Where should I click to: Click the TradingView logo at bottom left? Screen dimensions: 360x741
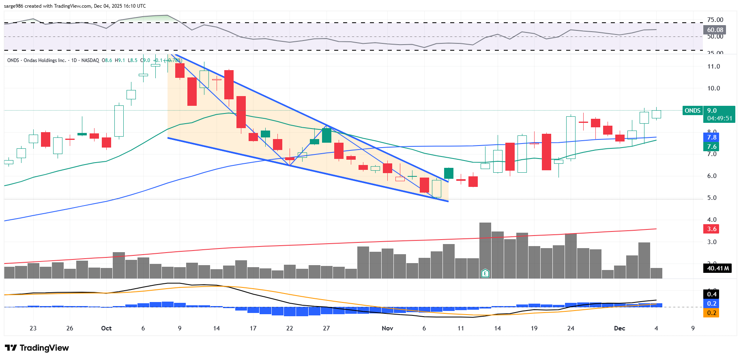point(37,348)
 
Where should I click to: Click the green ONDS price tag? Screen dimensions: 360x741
point(692,111)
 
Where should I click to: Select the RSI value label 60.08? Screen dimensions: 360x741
point(715,30)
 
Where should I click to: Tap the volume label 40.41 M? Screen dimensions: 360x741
point(718,268)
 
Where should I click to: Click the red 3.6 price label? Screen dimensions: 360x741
point(712,229)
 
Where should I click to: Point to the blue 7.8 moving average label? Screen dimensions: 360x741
point(712,137)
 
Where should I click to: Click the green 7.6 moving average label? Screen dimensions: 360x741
point(712,147)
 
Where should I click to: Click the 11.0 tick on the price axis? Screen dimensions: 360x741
point(713,66)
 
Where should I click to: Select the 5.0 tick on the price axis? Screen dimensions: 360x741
point(712,198)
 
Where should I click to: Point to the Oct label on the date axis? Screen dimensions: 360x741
point(106,328)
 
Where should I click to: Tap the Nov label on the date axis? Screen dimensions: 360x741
point(387,328)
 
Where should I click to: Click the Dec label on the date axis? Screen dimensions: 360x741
point(619,328)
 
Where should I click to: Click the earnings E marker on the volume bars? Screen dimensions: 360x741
point(485,273)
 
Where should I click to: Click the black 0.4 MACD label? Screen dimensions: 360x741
point(712,294)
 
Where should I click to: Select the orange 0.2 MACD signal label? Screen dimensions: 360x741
point(712,313)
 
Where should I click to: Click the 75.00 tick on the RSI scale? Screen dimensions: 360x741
point(715,20)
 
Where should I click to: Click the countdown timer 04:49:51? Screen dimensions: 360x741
point(720,118)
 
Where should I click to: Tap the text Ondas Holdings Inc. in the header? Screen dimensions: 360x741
point(45,60)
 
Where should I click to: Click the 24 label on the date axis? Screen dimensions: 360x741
point(571,328)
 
